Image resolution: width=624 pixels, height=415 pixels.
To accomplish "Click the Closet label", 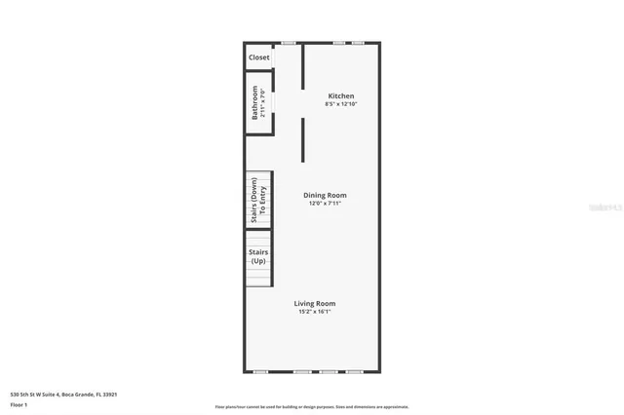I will pyautogui.click(x=258, y=57).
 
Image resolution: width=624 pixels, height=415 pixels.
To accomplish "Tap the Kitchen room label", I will pyautogui.click(x=340, y=95).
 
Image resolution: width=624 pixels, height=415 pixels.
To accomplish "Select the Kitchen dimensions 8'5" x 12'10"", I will pyautogui.click(x=340, y=103).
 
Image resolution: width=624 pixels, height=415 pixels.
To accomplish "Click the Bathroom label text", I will pyautogui.click(x=255, y=103).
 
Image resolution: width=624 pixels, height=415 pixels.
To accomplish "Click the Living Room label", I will pyautogui.click(x=315, y=303).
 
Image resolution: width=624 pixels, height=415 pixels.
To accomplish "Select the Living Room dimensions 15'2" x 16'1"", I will pyautogui.click(x=315, y=312).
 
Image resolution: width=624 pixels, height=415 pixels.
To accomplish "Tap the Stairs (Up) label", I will pyautogui.click(x=258, y=256).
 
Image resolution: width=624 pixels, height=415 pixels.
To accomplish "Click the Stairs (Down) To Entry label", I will pyautogui.click(x=257, y=200).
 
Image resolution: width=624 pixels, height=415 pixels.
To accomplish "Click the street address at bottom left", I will pyautogui.click(x=63, y=394).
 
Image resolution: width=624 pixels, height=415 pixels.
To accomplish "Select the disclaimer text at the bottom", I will pyautogui.click(x=312, y=407).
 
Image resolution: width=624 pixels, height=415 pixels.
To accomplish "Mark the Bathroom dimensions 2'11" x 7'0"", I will pyautogui.click(x=263, y=103).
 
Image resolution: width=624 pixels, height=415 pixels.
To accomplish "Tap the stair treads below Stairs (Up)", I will pyautogui.click(x=258, y=278).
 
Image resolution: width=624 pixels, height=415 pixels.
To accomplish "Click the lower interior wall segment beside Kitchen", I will pyautogui.click(x=302, y=139).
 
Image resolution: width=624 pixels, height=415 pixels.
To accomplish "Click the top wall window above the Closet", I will pyautogui.click(x=289, y=43).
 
